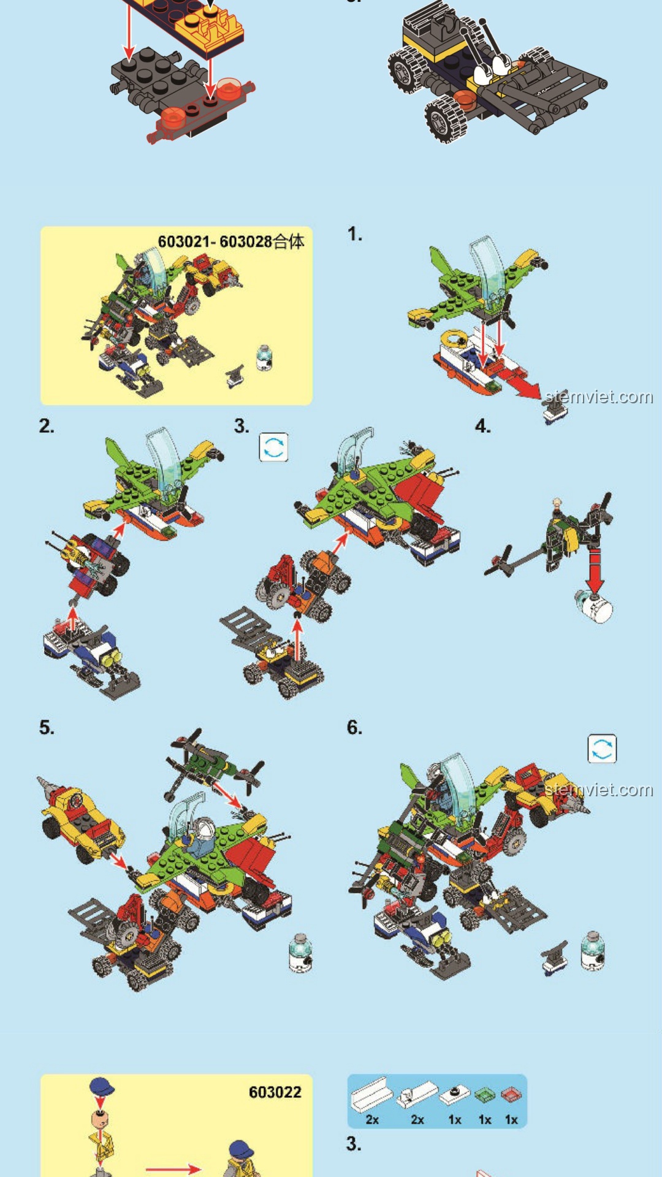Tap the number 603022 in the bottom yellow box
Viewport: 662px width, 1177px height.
275,1092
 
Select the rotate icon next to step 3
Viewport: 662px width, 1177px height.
273,447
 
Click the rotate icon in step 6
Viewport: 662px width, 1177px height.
602,748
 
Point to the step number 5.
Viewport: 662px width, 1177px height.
47,728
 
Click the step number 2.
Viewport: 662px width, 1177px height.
47,426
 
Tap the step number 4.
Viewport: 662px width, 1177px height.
483,426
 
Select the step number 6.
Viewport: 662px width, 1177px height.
354,728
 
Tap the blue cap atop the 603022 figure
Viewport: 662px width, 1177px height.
102,1087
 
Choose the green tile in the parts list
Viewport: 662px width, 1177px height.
485,1094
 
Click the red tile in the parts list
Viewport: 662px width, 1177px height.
511,1094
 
